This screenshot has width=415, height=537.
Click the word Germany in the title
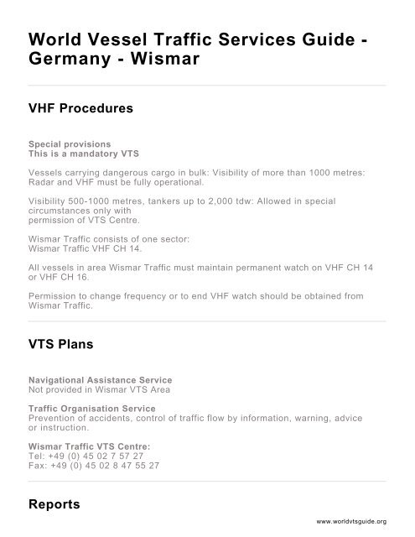tap(73, 60)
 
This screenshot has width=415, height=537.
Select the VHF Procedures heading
tap(80, 109)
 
